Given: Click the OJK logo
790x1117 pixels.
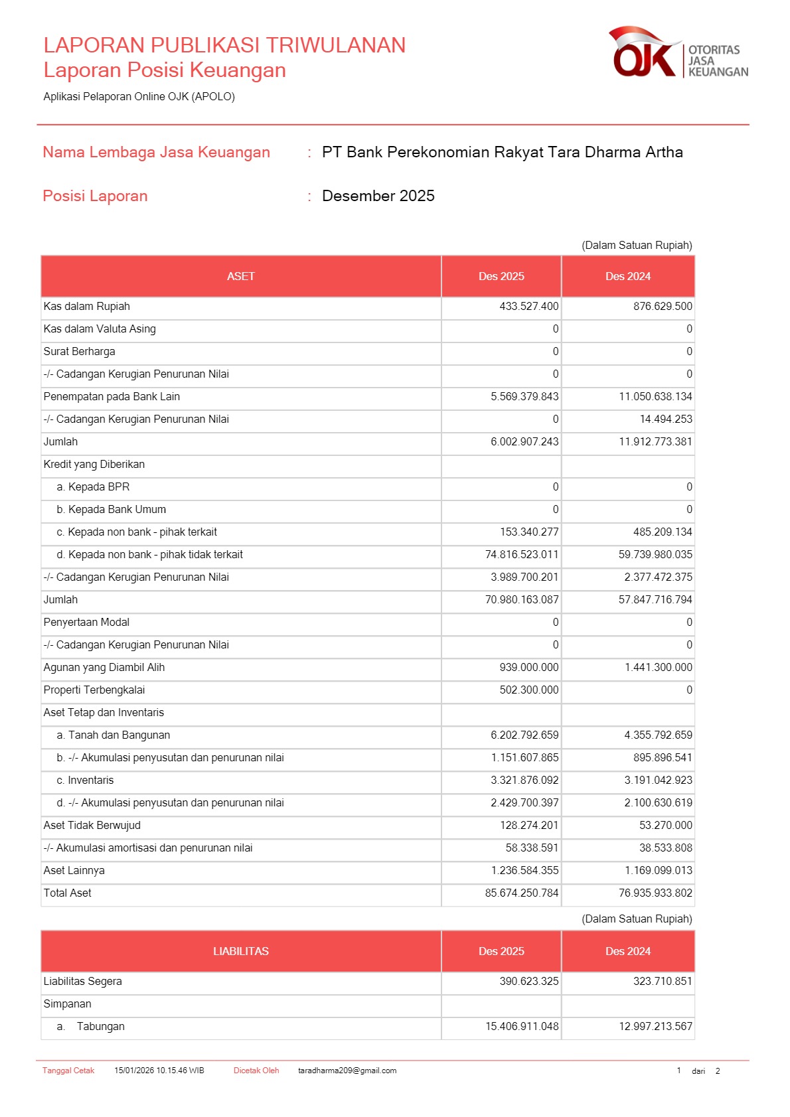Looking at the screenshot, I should click(x=677, y=53).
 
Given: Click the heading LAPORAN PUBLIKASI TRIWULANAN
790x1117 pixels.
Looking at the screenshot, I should click(x=224, y=45).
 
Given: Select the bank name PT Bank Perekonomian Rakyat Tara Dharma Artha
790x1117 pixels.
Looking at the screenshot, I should click(x=502, y=153).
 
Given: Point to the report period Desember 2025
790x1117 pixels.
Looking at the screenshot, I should click(x=378, y=196).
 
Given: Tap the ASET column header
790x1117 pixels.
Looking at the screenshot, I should click(x=240, y=277).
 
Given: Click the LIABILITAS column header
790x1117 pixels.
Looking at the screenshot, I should click(x=240, y=952).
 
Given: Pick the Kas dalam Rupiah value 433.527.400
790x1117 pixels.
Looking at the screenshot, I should click(x=528, y=307).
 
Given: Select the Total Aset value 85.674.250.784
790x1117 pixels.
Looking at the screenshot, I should click(x=521, y=893).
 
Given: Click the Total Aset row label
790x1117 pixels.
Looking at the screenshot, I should click(x=68, y=893).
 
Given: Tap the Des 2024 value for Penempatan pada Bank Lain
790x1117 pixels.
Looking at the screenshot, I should click(x=655, y=397).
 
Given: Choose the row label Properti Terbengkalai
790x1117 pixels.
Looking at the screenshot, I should click(x=94, y=690).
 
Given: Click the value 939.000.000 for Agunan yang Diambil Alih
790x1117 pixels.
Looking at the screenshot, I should click(x=528, y=668).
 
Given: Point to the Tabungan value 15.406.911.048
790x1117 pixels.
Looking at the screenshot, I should click(x=522, y=1027).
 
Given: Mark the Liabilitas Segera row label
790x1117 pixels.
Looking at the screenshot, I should click(x=83, y=982).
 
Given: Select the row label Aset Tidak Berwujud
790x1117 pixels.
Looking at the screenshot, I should click(x=92, y=826).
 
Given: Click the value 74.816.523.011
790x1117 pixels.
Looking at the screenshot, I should click(x=521, y=555).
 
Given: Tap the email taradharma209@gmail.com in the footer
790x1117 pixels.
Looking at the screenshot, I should click(x=347, y=1071).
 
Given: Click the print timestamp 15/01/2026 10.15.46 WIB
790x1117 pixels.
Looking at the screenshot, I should click(x=159, y=1071).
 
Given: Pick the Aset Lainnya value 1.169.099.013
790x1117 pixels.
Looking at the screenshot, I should click(x=658, y=871).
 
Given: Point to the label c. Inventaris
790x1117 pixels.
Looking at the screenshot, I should click(x=85, y=781).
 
